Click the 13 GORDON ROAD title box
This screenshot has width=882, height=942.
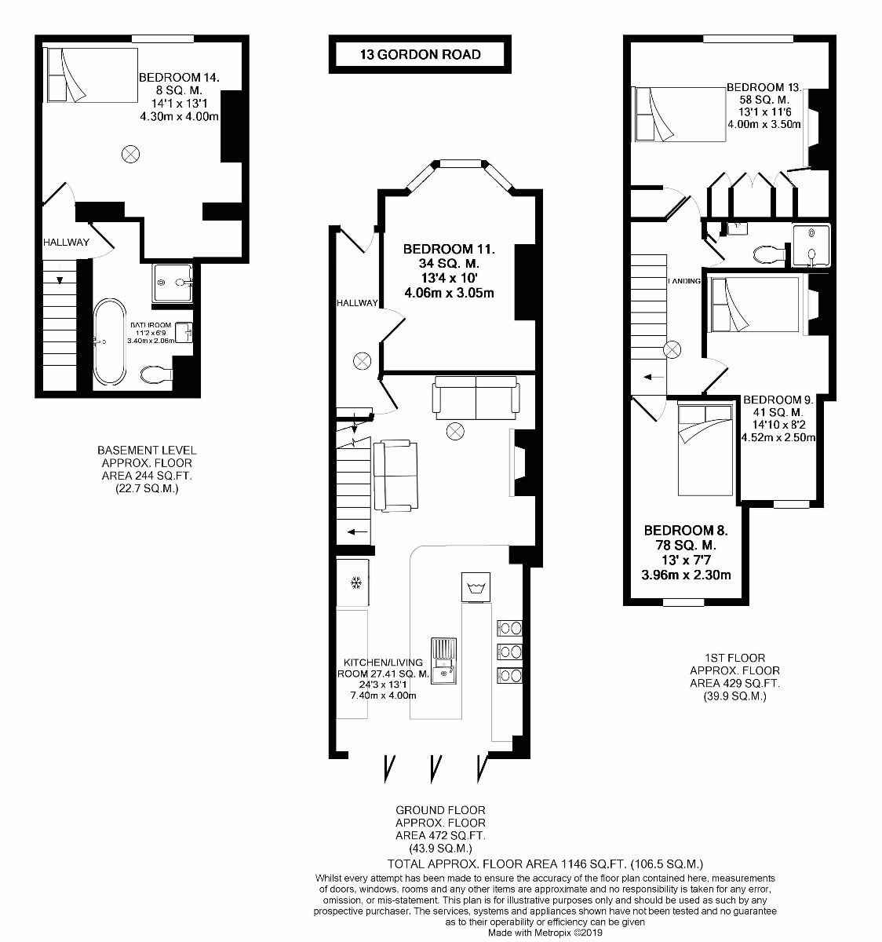coord(420,55)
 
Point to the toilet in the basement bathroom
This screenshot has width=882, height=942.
coord(157,374)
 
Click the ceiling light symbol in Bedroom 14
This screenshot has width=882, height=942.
coord(130,154)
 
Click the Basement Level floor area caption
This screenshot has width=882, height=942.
coord(147,469)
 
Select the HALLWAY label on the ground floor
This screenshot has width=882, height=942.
coord(357,302)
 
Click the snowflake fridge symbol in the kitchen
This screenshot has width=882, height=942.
coord(355,582)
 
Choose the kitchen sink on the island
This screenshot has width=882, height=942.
coord(446,659)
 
